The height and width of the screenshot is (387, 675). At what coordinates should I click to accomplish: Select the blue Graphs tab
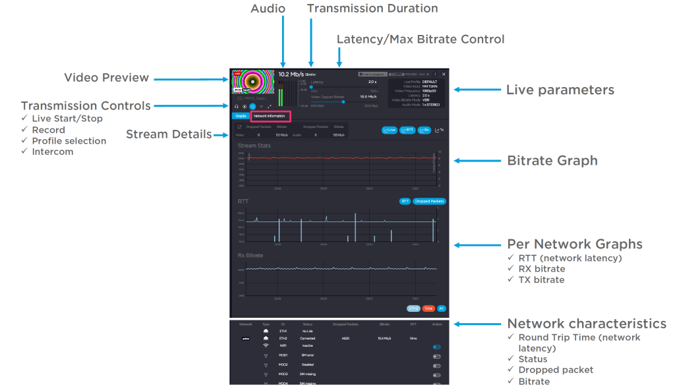click(x=241, y=116)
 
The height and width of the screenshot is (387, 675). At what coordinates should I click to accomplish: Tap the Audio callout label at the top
click(x=268, y=9)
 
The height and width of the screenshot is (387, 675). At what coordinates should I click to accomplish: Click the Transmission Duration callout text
click(x=372, y=9)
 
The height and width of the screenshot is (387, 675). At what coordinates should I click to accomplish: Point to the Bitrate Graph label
click(x=552, y=160)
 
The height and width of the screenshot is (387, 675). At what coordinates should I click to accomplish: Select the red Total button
click(x=428, y=308)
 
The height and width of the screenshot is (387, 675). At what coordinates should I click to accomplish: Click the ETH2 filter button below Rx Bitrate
click(x=414, y=308)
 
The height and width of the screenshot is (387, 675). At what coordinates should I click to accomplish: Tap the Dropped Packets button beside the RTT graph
click(x=430, y=201)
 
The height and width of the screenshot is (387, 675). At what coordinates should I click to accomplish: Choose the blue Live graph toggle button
click(x=390, y=130)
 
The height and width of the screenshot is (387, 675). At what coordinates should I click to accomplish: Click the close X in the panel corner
click(x=444, y=74)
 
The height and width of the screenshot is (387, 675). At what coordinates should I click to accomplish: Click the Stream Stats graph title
click(x=254, y=146)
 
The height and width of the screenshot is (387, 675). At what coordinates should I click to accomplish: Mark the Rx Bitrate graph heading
click(x=250, y=255)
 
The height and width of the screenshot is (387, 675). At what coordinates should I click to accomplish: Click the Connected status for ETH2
click(x=308, y=338)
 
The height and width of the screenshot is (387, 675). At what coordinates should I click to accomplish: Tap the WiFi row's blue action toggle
click(x=436, y=346)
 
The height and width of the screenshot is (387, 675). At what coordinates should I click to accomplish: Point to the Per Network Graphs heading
click(x=574, y=244)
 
